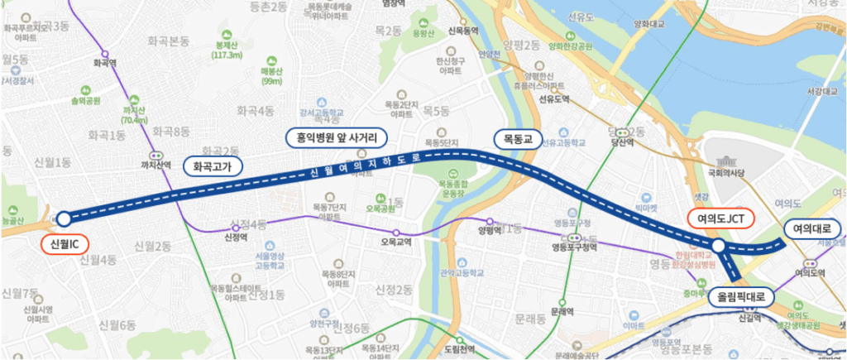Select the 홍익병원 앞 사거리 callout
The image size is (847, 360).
tap(331, 137)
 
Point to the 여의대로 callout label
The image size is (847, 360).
tap(814, 229)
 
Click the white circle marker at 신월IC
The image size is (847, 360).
tap(63, 219)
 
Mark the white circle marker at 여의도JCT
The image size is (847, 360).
tap(719, 246)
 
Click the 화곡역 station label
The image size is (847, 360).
tap(104, 62)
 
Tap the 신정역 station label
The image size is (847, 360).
tap(237, 236)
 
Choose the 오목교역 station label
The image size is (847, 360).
tap(396, 243)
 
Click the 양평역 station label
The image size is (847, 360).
tap(490, 233)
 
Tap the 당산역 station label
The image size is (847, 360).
tap(622, 142)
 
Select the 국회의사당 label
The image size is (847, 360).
tap(728, 174)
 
